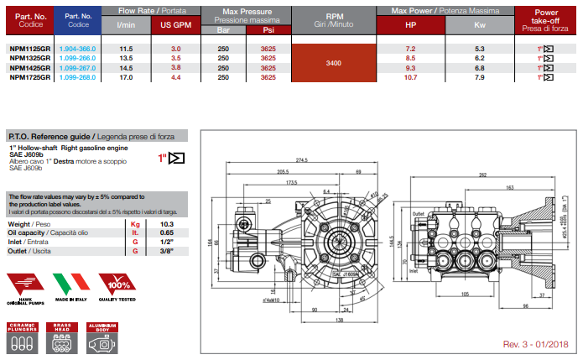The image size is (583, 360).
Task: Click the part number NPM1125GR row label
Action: pyautogui.click(x=30, y=50)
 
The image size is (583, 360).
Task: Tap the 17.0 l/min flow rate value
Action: pyautogui.click(x=126, y=76)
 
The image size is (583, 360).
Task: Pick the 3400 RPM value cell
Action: pyautogui.click(x=333, y=63)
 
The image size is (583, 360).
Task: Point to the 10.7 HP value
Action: pyautogui.click(x=410, y=76)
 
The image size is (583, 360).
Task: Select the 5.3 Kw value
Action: pyautogui.click(x=479, y=50)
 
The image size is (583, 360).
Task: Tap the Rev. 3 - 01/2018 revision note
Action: pyautogui.click(x=534, y=344)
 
